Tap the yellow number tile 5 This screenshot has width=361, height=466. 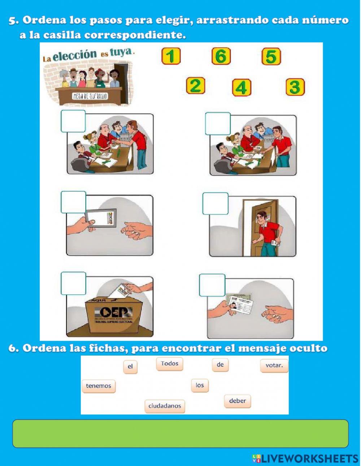[x=271, y=57]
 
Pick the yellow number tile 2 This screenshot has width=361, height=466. [x=195, y=86]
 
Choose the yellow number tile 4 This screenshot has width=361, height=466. [x=242, y=88]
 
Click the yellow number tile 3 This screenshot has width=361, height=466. [x=295, y=87]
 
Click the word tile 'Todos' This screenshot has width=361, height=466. [x=170, y=363]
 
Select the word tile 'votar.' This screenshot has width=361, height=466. [x=274, y=365]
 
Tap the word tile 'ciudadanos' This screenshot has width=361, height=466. [x=165, y=406]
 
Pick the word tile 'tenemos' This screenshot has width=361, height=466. [x=99, y=386]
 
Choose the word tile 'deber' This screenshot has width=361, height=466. [x=237, y=401]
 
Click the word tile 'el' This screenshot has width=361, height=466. [x=130, y=367]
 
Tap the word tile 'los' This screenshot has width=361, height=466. [x=200, y=385]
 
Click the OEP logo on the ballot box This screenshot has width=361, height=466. [x=113, y=313]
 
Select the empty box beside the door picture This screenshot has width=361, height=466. [x=215, y=204]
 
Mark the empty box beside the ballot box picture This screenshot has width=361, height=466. [x=73, y=283]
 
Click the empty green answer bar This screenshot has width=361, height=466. [x=180, y=434]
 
